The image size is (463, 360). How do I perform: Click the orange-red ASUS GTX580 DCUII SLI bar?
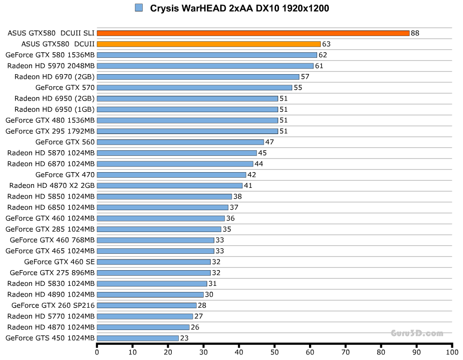tap(253, 33)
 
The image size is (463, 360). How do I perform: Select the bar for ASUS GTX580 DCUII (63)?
tap(208, 44)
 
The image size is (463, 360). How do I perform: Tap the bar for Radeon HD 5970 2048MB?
tap(205, 66)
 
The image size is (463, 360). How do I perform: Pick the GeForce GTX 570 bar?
tap(194, 87)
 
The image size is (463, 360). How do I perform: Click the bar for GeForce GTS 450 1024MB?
tap(137, 338)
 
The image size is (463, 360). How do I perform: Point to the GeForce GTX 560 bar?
tap(180, 142)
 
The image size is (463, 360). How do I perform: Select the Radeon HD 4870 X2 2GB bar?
tap(169, 185)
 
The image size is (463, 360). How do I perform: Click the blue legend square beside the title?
tap(139, 8)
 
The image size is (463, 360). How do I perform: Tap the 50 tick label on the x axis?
tap(274, 351)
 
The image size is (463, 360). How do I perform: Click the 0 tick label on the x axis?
tap(97, 351)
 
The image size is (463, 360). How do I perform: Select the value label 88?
tap(415, 33)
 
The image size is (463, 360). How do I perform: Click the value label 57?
tap(305, 77)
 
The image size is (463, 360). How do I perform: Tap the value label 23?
tap(184, 338)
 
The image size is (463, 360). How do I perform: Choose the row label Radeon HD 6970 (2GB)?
tap(54, 77)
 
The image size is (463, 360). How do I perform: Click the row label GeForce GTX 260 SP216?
tap(53, 306)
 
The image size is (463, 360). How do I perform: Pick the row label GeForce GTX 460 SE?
tap(59, 262)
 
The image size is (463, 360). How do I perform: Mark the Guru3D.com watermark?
tap(417, 334)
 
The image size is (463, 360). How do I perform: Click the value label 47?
tap(269, 142)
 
